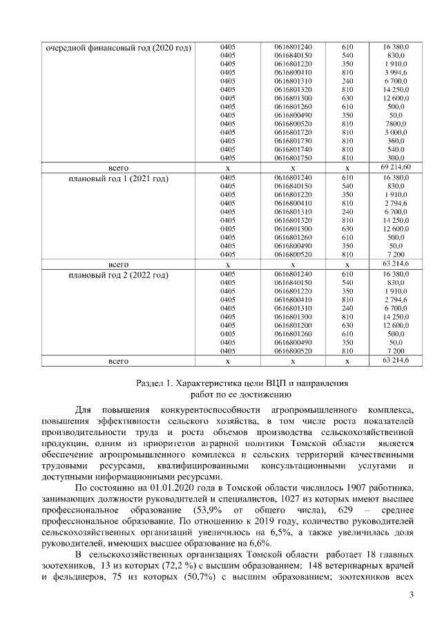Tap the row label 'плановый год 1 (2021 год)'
tap(118, 178)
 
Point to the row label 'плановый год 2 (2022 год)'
tap(118, 275)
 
